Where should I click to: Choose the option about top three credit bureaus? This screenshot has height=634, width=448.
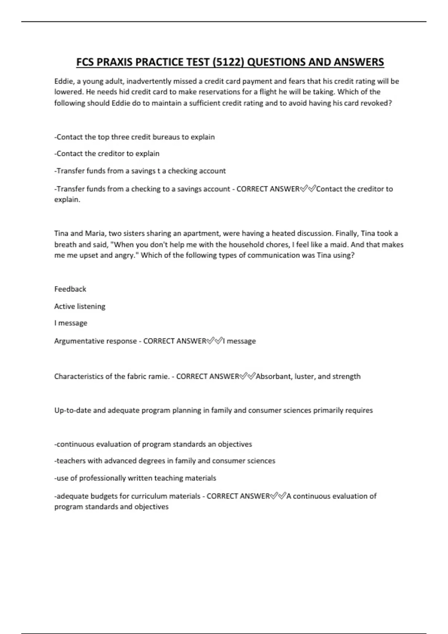point(135,137)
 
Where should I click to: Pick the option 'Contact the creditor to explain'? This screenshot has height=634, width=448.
point(107,154)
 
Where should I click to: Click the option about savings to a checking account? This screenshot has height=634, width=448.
point(140,171)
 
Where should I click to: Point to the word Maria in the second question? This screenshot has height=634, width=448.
point(95,233)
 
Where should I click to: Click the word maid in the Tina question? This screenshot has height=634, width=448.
point(339,245)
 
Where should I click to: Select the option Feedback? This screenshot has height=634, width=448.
point(70,289)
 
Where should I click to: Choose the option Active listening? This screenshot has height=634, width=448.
point(80,306)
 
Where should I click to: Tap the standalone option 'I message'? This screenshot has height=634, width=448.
point(71,323)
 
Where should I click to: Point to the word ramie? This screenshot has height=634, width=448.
point(159,376)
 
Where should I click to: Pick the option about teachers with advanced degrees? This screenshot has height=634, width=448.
point(165,461)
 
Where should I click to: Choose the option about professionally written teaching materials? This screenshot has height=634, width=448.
point(136,478)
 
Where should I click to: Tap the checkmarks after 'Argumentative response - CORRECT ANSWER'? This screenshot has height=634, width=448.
point(215,340)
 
